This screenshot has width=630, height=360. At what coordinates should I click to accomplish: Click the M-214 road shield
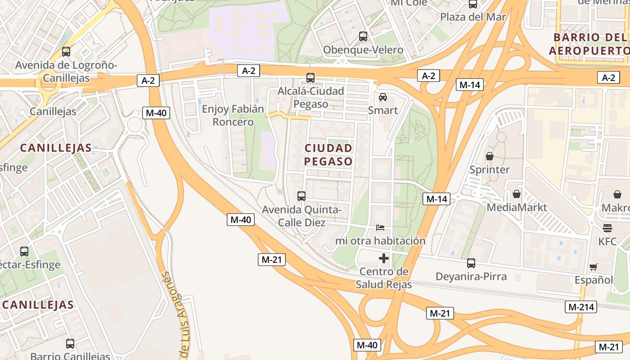coord(580,307)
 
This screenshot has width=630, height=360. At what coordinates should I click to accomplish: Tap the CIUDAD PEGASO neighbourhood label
coord(328,154)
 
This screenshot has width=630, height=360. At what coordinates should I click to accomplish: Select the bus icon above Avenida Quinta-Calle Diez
coord(301,196)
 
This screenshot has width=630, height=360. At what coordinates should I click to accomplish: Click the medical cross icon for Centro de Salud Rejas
coord(384,258)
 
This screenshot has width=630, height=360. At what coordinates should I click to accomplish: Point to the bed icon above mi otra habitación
coord(380,228)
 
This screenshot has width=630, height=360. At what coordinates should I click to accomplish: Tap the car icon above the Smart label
coord(382,97)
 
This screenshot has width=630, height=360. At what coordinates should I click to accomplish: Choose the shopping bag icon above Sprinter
coord(489,157)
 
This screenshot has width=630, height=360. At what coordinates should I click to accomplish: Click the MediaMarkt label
coord(517,207)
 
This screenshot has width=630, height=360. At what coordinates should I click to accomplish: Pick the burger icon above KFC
coord(607,228)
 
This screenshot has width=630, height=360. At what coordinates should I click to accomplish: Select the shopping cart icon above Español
coord(594,267)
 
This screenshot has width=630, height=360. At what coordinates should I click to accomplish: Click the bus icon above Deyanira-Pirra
coord(471,263)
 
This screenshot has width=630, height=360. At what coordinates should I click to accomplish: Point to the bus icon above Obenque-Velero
coord(363,36)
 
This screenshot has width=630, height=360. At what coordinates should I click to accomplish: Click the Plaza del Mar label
coord(473,17)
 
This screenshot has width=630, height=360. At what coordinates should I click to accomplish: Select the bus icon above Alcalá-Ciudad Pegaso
coord(310,77)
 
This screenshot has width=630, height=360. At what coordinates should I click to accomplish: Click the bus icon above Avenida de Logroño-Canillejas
coord(66,52)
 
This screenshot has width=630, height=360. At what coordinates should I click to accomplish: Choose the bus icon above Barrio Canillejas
coord(70,344)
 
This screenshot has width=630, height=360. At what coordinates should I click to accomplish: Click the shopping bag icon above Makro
coord(617,194)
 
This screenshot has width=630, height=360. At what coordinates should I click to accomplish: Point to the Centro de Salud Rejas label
coord(384,278)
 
